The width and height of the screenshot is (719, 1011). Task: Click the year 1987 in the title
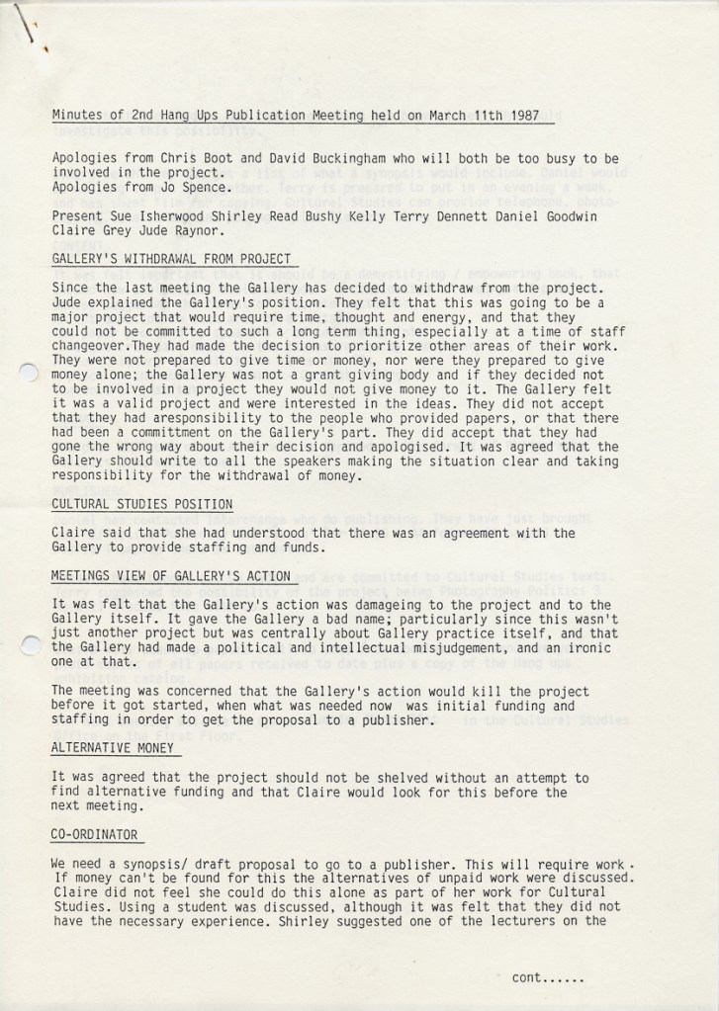point(519,115)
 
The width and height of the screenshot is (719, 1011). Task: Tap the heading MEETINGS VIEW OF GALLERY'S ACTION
point(171,576)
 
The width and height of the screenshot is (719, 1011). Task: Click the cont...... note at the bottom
point(548,978)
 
